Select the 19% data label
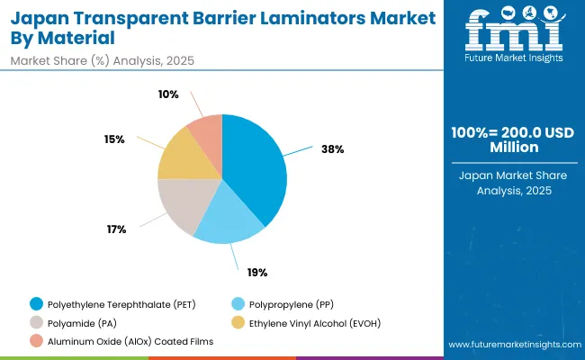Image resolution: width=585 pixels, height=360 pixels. [x=257, y=272]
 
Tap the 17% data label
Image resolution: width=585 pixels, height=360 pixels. [x=116, y=229]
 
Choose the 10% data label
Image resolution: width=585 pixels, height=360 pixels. [x=168, y=94]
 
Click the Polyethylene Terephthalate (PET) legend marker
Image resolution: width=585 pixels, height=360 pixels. [x=36, y=303]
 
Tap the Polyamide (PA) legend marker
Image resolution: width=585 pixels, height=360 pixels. [x=36, y=321]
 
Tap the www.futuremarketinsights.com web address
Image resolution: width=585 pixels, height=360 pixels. [x=510, y=345]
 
